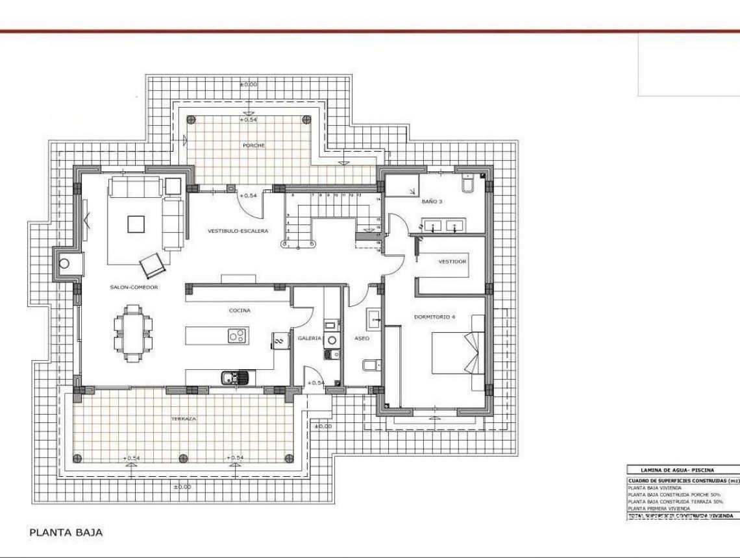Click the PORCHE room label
(x=254, y=145)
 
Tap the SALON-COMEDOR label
(x=134, y=287)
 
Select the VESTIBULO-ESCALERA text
(x=238, y=230)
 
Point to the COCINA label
(x=240, y=310)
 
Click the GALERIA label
(x=310, y=338)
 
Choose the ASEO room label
(x=362, y=338)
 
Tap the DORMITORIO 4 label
(x=434, y=317)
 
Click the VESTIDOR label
(x=452, y=261)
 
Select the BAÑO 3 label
(x=432, y=202)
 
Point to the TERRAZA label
(x=184, y=419)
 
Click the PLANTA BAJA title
(x=66, y=532)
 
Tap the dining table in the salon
(x=132, y=334)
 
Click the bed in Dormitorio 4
(x=458, y=354)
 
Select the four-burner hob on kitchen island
(x=236, y=335)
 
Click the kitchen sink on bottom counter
(x=230, y=377)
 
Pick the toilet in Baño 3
(x=467, y=184)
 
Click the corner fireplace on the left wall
(x=64, y=263)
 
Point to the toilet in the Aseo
(x=367, y=366)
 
